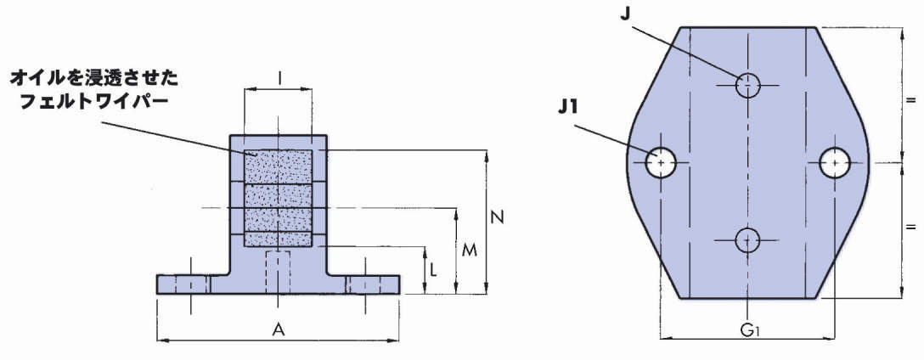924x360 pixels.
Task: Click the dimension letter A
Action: tap(278, 329)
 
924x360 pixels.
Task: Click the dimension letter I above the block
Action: tap(280, 77)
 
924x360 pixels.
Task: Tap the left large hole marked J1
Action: tap(661, 161)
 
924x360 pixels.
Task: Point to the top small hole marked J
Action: tap(747, 83)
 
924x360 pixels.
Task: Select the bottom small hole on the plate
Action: tap(747, 240)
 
